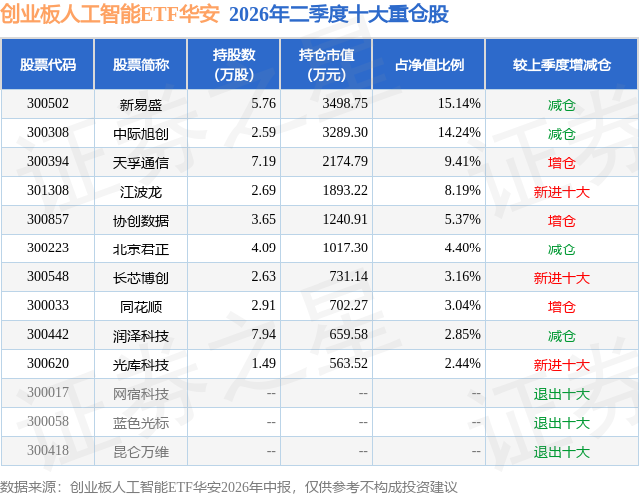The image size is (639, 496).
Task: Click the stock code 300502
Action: (48, 104)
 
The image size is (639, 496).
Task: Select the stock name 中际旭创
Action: (141, 133)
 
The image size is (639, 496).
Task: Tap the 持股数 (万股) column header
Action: (234, 64)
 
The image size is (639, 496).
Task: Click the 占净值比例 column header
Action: (429, 64)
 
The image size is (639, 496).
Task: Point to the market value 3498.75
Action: (345, 104)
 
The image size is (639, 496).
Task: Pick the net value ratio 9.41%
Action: (462, 162)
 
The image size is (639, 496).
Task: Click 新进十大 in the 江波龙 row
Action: (561, 191)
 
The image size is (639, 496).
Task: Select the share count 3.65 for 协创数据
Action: (264, 220)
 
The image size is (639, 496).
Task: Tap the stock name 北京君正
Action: (141, 248)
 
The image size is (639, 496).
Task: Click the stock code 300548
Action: (48, 276)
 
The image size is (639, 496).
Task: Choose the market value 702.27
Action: (348, 305)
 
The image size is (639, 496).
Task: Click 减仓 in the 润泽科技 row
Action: (561, 336)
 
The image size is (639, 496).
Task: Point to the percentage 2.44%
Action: (462, 363)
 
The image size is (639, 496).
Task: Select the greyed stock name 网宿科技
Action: (141, 394)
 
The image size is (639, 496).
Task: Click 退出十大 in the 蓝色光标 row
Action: (561, 423)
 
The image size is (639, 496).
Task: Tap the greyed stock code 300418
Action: (48, 450)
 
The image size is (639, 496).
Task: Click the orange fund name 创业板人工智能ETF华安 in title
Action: (110, 14)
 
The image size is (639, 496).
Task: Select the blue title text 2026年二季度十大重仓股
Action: (338, 14)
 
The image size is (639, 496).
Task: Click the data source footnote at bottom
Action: (229, 487)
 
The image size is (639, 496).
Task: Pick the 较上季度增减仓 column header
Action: (561, 64)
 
